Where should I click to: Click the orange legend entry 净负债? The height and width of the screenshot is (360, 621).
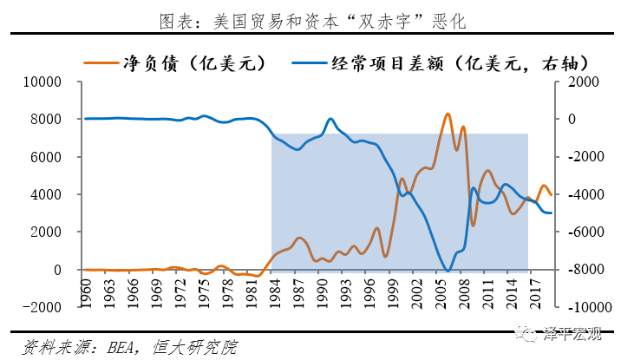(173, 62)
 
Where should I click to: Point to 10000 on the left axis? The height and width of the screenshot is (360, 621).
(42, 82)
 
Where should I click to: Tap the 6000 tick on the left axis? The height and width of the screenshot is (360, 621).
(46, 157)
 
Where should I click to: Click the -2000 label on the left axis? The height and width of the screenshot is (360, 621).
(42, 307)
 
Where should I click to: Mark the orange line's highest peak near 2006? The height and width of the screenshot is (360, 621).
(448, 114)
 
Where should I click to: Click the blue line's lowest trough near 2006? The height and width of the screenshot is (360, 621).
(448, 271)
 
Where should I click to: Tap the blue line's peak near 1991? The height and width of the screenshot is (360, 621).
(330, 119)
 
